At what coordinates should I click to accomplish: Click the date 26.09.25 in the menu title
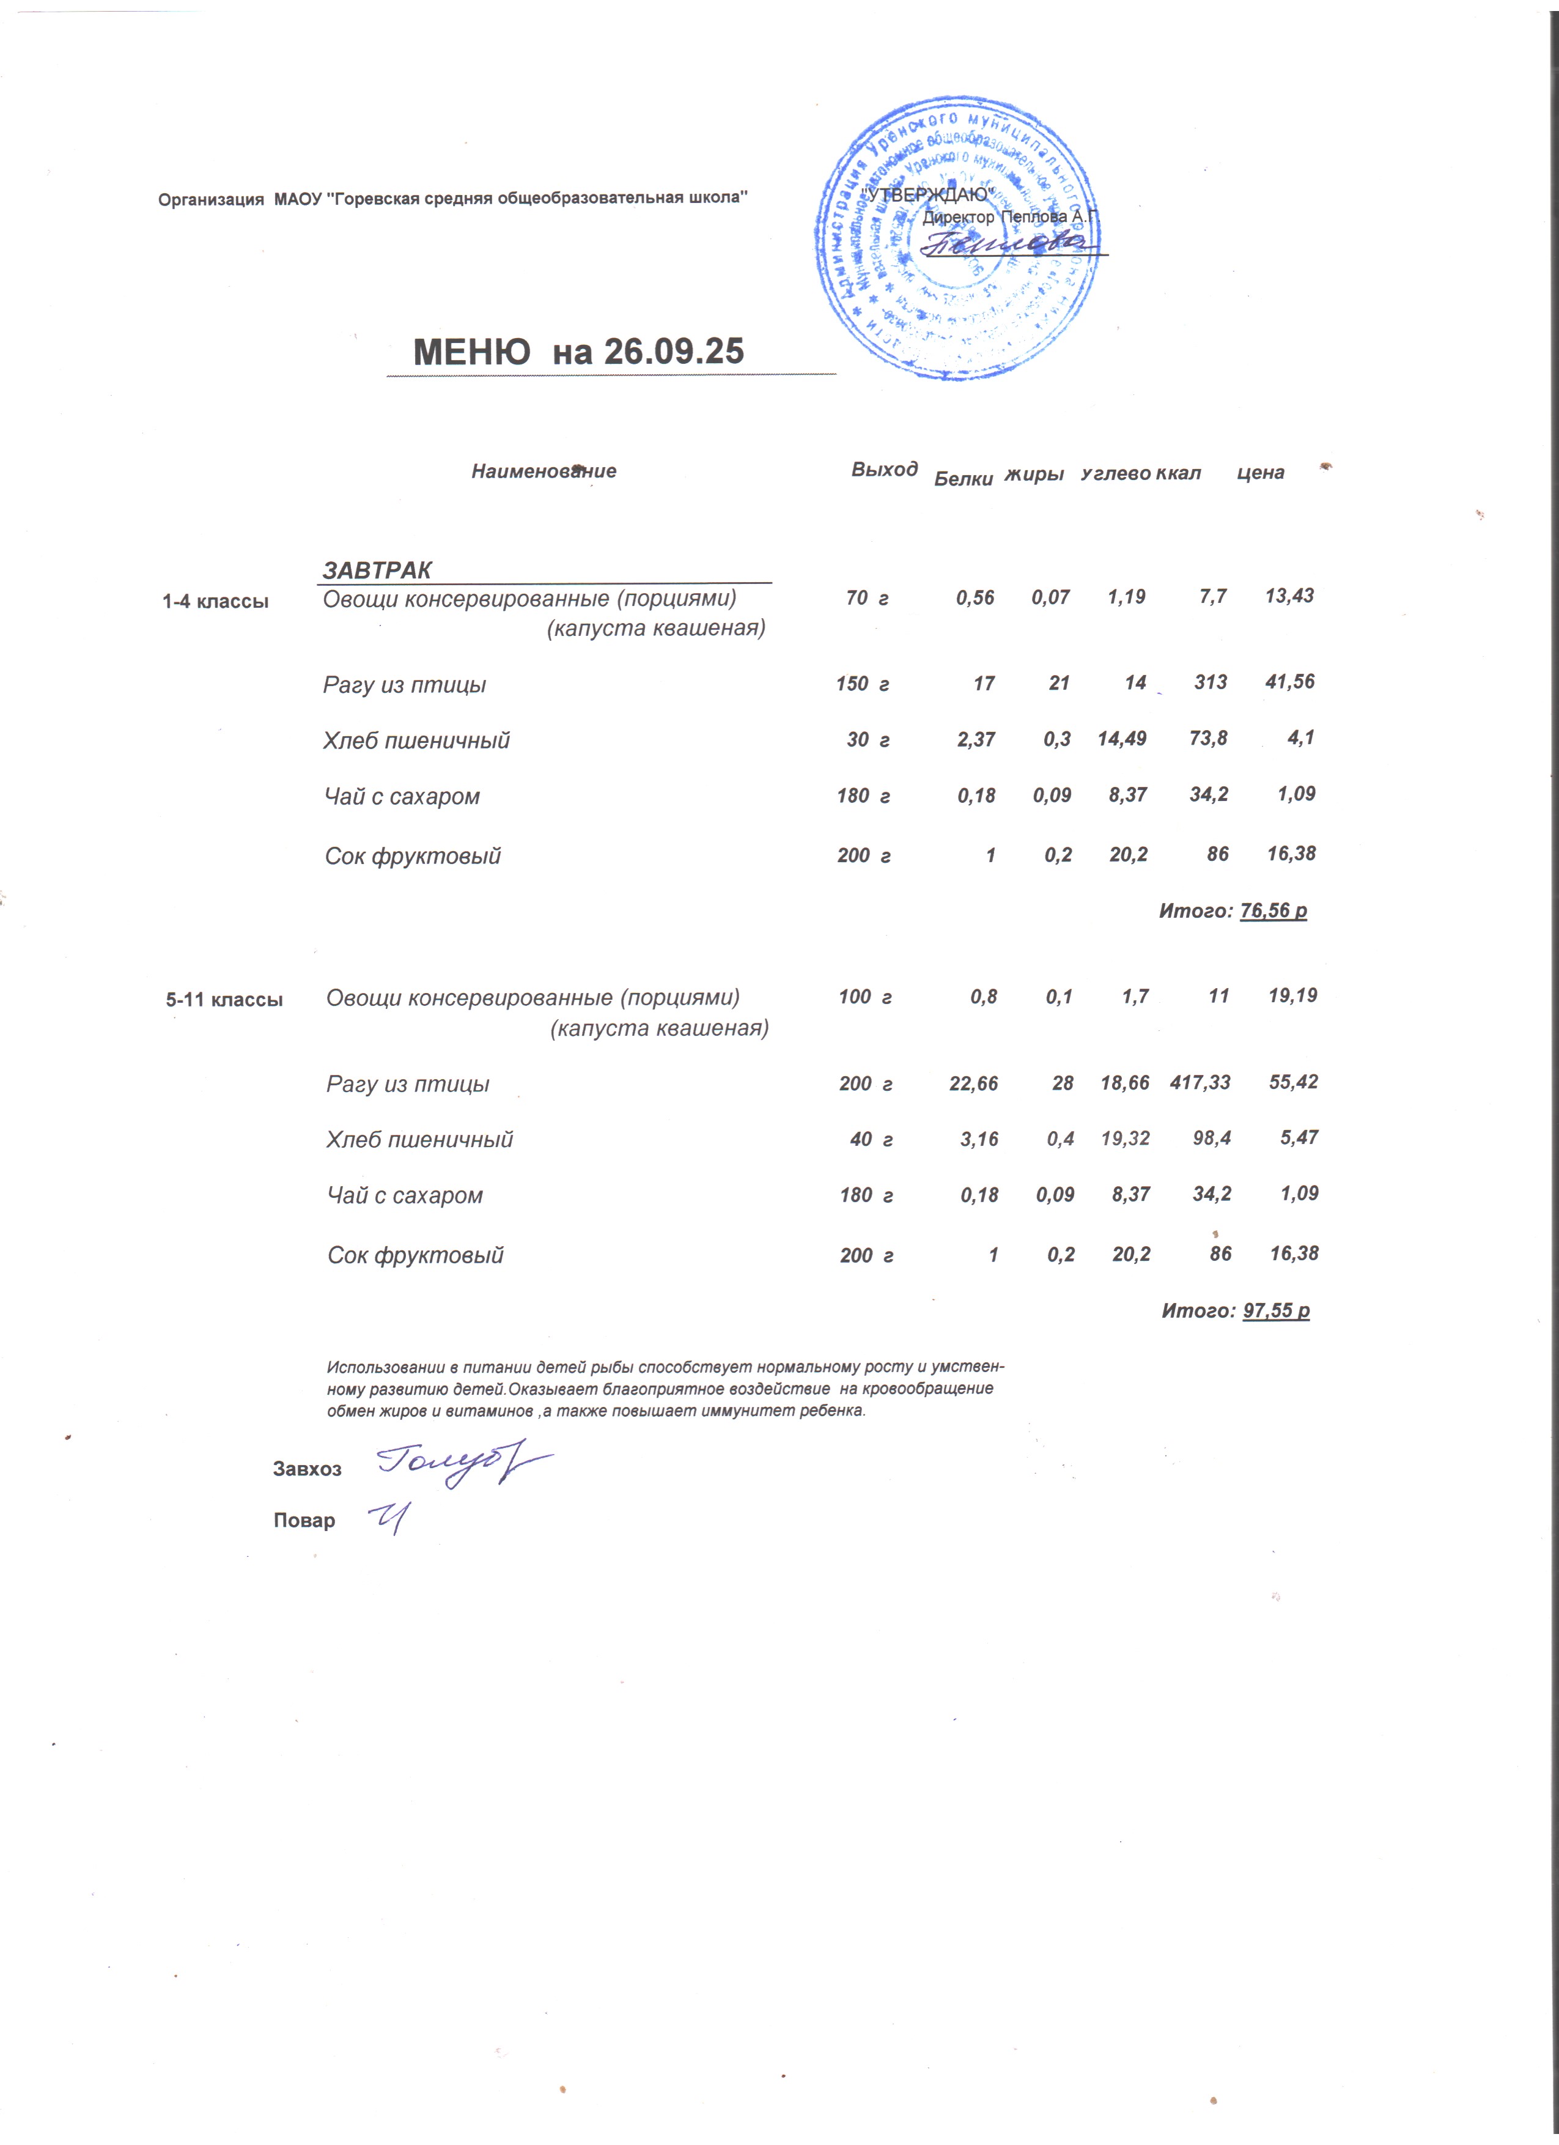click(673, 352)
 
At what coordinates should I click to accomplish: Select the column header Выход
click(884, 469)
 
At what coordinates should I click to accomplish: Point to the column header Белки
click(962, 479)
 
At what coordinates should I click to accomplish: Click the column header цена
click(1260, 473)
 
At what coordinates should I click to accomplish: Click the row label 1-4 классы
click(216, 600)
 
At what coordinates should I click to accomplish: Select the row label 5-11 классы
click(224, 1000)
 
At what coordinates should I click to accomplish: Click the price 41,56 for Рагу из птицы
click(1289, 682)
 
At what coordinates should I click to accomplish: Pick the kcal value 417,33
click(1200, 1082)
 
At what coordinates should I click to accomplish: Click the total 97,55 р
click(1275, 1311)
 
